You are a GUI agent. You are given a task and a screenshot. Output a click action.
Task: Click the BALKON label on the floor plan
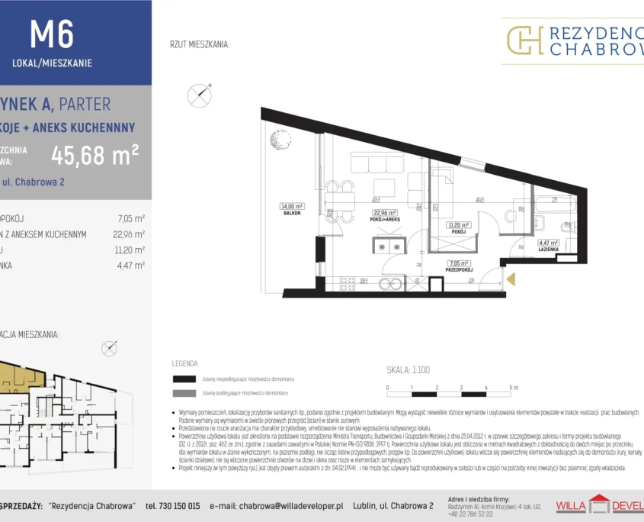coord(291,213)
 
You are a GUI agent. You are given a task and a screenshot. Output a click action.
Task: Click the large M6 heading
coord(51,34)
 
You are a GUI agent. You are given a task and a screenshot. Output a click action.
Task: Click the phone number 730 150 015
coord(172,505)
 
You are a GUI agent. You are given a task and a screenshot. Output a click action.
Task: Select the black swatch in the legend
coord(184,379)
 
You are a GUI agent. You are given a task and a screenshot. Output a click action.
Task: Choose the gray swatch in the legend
coord(184,394)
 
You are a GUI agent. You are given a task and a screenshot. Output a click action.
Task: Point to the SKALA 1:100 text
coord(408,369)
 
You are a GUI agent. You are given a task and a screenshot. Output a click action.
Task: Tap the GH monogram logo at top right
coord(525,40)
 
